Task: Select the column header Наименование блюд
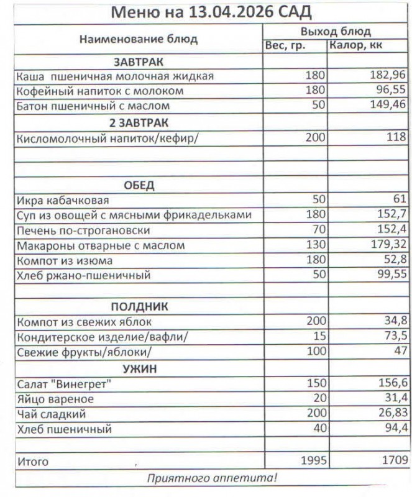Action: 139,39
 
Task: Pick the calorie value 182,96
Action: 388,76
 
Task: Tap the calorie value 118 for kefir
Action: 396,137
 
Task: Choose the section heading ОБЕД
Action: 139,185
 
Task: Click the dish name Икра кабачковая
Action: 63,200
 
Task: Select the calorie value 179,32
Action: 388,245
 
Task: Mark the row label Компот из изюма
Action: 65,261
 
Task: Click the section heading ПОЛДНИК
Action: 139,307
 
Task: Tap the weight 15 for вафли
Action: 319,337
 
